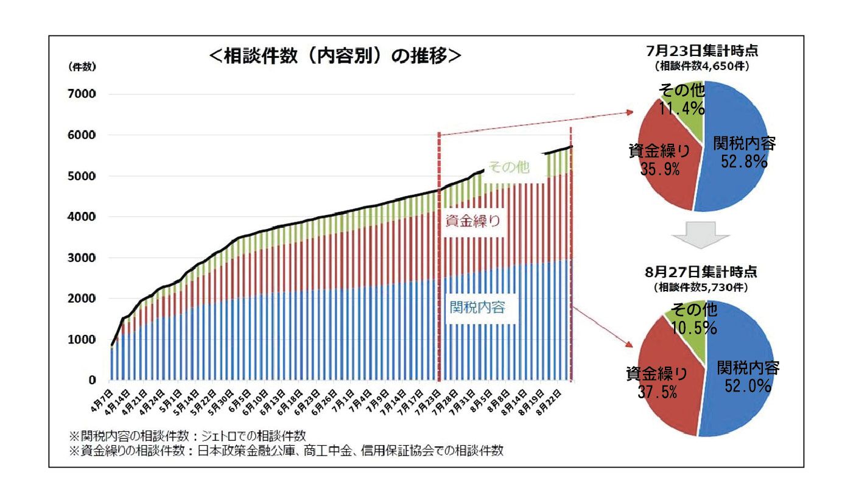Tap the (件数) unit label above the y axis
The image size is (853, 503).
pyautogui.click(x=82, y=68)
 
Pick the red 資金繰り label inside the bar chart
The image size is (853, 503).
pyautogui.click(x=473, y=222)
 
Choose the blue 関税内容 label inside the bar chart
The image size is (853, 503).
pyautogui.click(x=478, y=307)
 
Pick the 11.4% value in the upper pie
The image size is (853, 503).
pyautogui.click(x=683, y=110)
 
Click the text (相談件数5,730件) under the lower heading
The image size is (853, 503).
pyautogui.click(x=701, y=286)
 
